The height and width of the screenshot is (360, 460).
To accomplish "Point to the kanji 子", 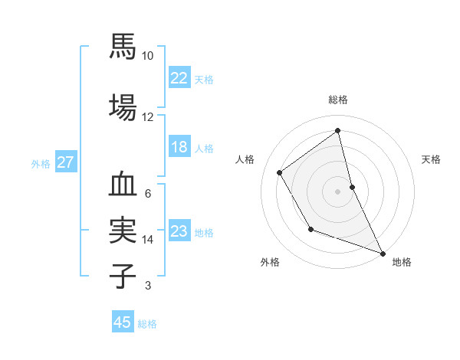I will (x=123, y=277).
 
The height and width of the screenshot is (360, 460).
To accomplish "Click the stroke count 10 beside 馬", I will (x=148, y=56).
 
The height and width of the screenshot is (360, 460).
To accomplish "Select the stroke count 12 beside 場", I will (x=148, y=116).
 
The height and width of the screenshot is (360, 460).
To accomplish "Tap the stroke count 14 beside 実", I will (x=148, y=240).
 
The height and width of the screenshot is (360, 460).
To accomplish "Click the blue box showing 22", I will (x=179, y=78).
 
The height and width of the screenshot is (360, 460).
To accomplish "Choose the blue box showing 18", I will (x=179, y=148).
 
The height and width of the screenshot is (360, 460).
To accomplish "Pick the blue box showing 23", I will (x=179, y=232).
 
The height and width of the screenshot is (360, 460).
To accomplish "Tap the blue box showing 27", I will (x=65, y=162).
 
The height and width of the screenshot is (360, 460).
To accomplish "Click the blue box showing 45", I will (x=123, y=322).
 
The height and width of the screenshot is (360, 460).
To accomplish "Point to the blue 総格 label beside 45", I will (x=147, y=324).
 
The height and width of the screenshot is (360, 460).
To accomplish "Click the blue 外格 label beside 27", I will (x=41, y=163).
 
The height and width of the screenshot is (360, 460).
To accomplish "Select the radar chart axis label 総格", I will (x=338, y=100).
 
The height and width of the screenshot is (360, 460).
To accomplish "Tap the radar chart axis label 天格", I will (x=432, y=159).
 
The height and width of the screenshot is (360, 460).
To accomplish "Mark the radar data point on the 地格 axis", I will (x=383, y=254).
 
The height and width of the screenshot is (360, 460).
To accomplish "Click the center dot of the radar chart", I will (x=338, y=191).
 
